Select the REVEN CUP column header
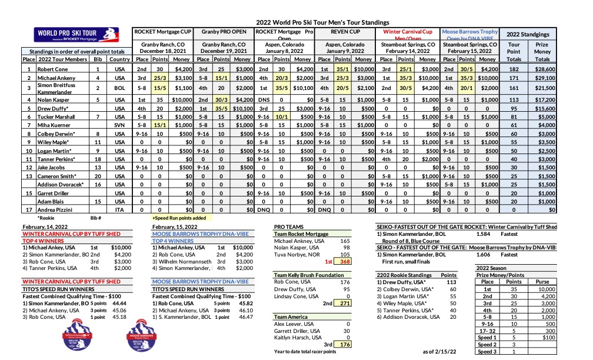click(345, 32)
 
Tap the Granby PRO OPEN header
click(223, 32)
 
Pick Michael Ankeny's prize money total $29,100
click(542, 77)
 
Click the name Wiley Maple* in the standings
click(52, 142)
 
